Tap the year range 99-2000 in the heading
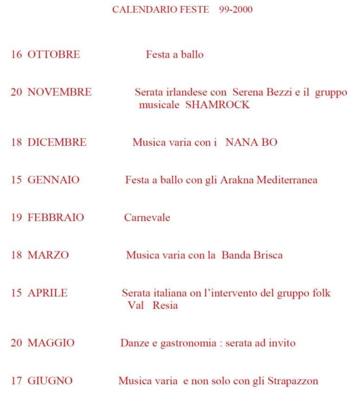coord(234,10)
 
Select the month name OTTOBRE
coord(54,55)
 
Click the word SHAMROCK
coord(217,105)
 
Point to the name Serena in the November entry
coord(248,92)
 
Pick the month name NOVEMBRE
coord(59,92)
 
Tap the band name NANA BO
coord(251,142)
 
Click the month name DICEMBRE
coord(57,142)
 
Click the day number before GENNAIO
coord(17,180)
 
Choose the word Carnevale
coord(147,218)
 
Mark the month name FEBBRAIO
coord(56,218)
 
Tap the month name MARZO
coord(48,255)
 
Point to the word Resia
coord(165,306)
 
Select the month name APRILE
coord(48,293)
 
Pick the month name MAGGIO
coord(51,343)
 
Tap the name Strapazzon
coord(293,382)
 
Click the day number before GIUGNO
coord(17,382)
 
